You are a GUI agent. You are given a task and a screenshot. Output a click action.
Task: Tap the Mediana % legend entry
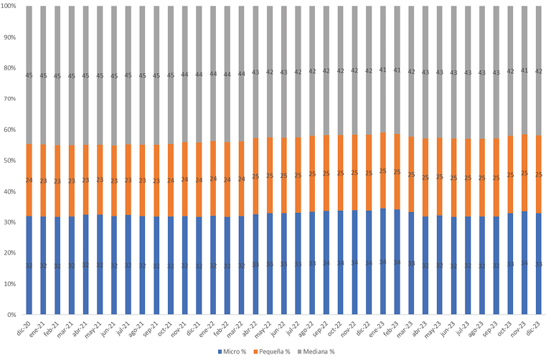pos(319,351)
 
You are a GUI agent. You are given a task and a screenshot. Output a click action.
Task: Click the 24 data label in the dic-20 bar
pos(29,181)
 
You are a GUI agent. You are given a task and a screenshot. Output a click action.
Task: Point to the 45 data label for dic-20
pos(29,75)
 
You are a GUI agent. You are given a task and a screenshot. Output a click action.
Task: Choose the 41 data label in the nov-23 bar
pos(524,70)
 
